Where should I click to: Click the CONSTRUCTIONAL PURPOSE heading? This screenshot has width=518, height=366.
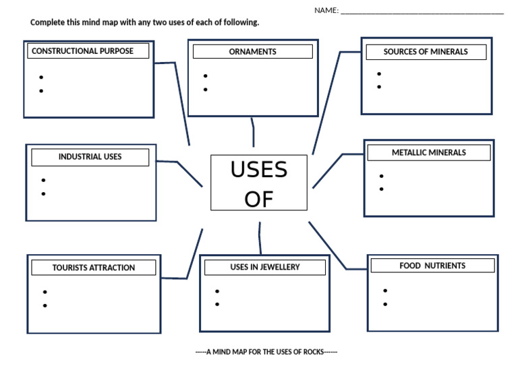coord(82,51)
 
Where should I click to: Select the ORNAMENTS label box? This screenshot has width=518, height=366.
coord(252,52)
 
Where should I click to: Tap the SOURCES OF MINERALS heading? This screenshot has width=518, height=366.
coord(425,52)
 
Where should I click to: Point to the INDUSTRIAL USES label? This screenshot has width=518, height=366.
coord(90,157)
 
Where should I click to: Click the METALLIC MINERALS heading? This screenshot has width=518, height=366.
coord(428,153)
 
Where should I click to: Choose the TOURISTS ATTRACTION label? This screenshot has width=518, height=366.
coord(93,268)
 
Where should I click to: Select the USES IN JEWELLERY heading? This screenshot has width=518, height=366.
coord(264,268)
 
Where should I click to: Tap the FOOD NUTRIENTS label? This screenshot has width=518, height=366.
coord(432,266)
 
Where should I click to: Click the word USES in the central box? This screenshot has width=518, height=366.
coord(259,170)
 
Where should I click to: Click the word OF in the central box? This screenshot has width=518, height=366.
coord(259,199)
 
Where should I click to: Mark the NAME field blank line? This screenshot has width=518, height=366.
coord(422,11)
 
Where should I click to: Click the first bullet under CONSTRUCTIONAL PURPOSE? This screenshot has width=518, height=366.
coord(41,78)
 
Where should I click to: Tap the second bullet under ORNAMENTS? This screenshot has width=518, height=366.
coord(205,90)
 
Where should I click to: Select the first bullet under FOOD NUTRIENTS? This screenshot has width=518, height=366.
coord(384,291)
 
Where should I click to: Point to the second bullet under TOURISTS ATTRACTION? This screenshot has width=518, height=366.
coord(45,305)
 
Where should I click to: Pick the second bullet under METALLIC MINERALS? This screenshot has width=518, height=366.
coord(382,189)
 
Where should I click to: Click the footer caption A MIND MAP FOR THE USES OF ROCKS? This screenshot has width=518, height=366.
coord(266,352)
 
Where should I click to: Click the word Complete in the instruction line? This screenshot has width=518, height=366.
coord(48,22)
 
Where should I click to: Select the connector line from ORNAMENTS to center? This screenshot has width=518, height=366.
coord(253,132)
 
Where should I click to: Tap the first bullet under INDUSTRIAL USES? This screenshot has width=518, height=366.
coord(43,180)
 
